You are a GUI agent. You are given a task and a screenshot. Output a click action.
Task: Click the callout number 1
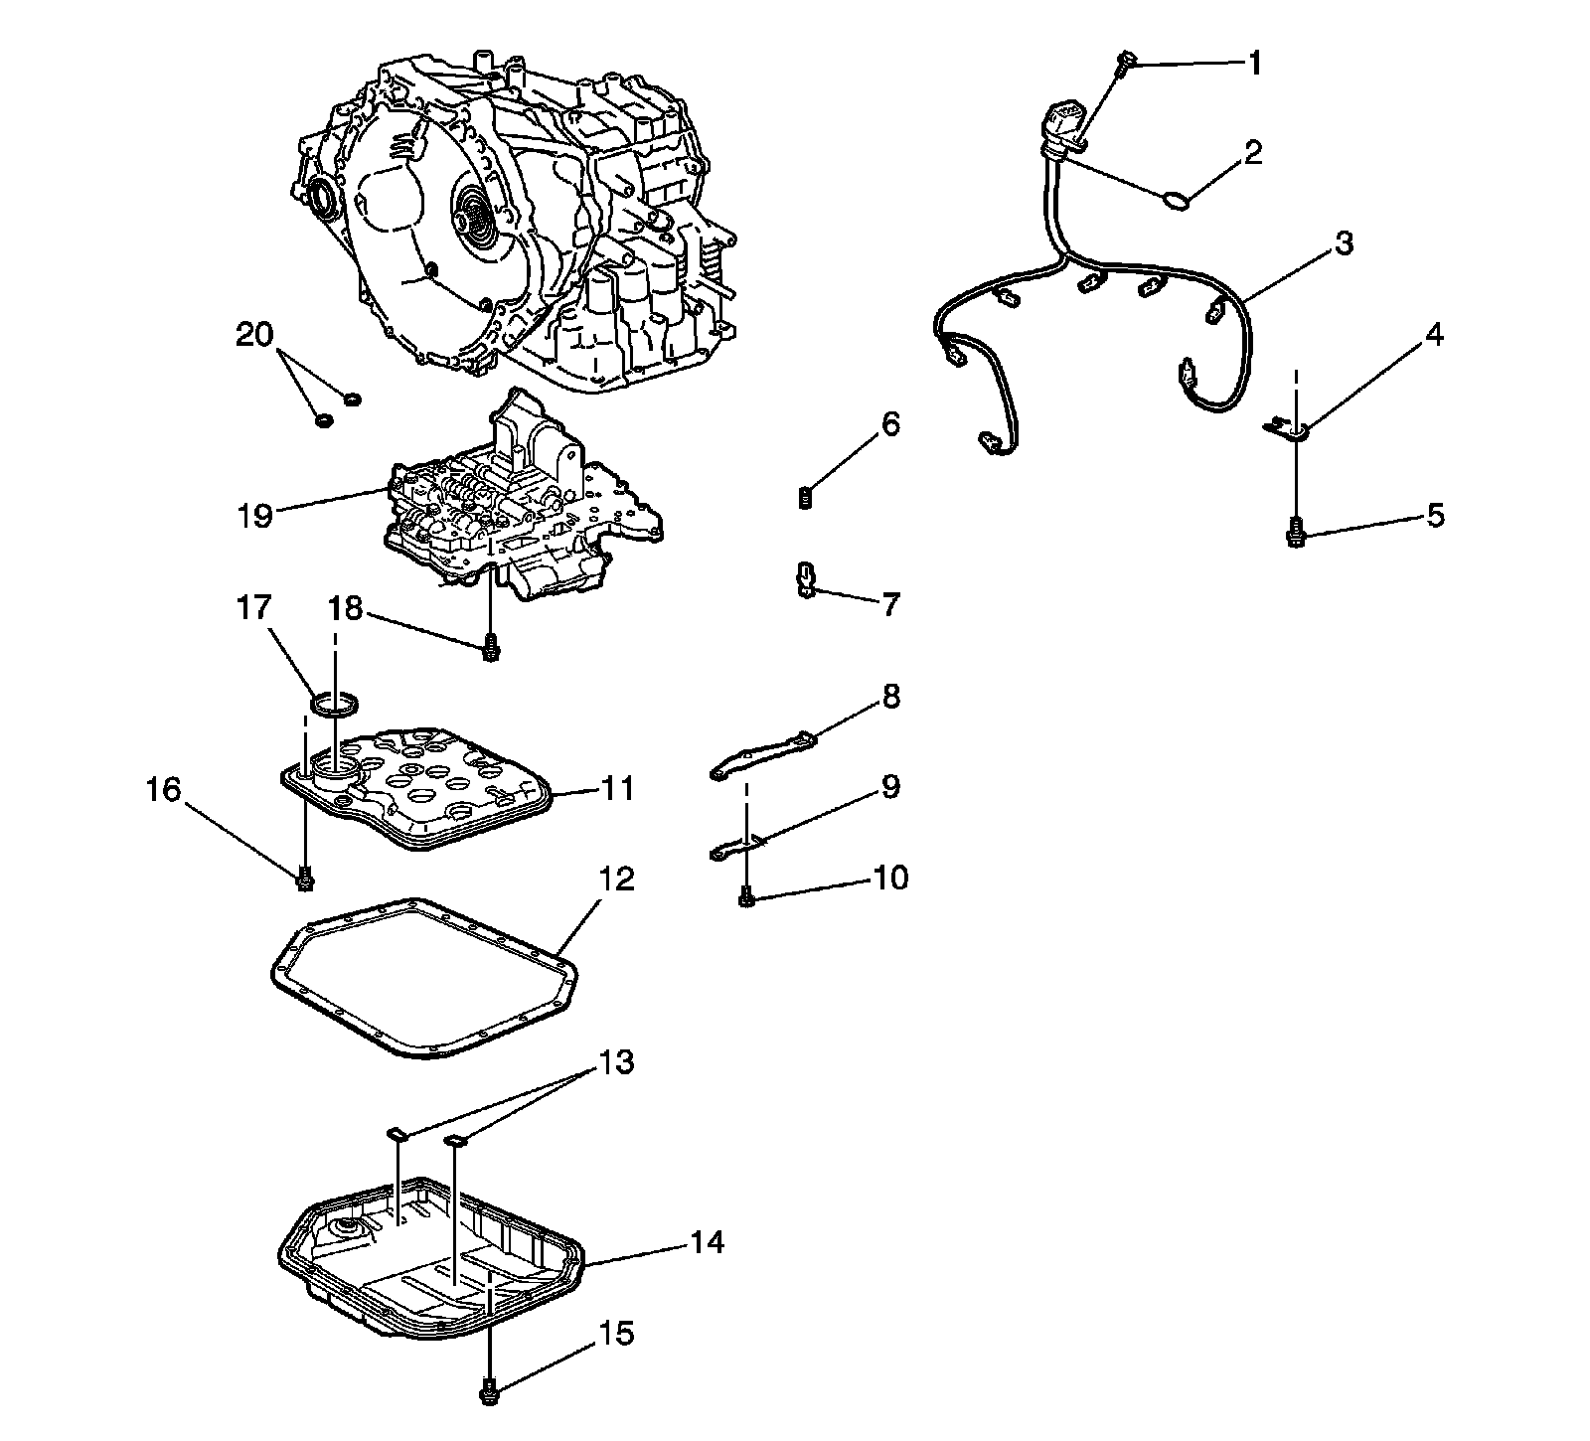1254,65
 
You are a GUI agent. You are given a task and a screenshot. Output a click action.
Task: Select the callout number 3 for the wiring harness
1344,243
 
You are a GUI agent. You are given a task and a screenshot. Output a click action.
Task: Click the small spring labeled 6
806,497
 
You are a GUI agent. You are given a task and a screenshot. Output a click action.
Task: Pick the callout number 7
890,603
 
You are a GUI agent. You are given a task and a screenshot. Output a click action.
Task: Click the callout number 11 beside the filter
617,789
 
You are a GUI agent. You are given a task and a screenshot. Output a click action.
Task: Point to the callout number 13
616,1062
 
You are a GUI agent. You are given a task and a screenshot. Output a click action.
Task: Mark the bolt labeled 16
305,879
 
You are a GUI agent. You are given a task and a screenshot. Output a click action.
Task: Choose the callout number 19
255,516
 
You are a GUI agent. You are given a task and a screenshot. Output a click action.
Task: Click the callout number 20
254,335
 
